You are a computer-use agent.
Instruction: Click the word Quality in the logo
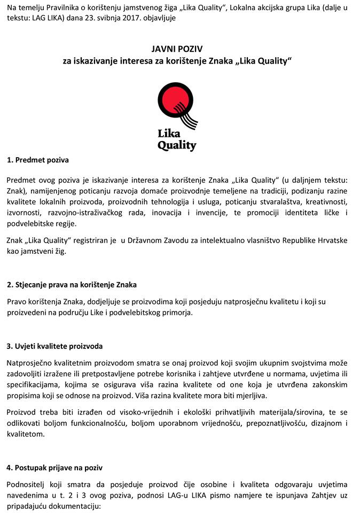pos(177,145)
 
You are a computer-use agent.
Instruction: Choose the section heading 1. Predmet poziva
pos(38,160)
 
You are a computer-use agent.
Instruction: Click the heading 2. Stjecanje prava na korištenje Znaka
pos(75,285)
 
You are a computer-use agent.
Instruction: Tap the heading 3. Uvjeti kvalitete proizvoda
pos(55,346)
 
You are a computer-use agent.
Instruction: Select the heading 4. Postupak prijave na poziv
pos(55,468)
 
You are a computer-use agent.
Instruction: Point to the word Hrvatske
pos(331,240)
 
